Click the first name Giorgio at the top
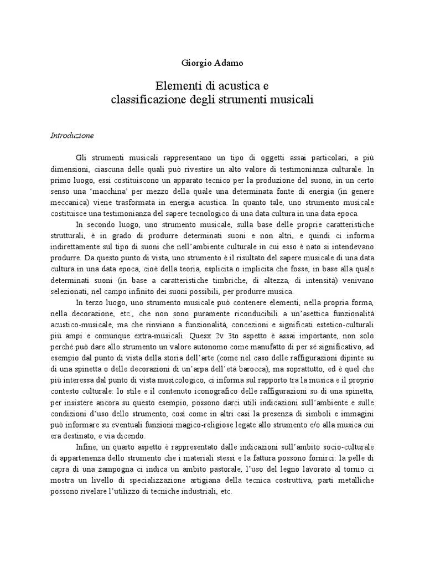[195, 63]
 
